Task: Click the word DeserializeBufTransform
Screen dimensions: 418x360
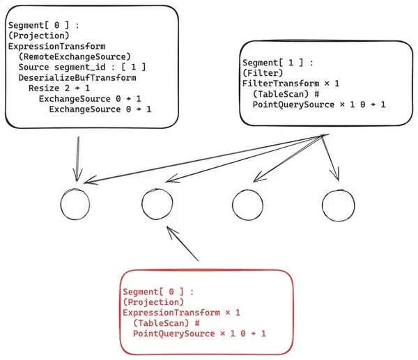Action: click(x=77, y=78)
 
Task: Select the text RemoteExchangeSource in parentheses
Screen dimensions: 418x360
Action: click(x=75, y=57)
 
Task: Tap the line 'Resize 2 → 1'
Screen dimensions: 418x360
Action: click(x=59, y=88)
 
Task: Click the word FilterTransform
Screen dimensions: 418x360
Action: click(x=281, y=84)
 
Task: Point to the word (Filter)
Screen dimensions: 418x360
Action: click(x=263, y=73)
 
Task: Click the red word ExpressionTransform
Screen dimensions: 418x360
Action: click(x=171, y=313)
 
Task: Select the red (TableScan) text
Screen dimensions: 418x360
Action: click(x=161, y=323)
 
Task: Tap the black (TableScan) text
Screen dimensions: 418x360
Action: click(x=281, y=94)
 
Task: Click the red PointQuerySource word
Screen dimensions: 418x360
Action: click(x=173, y=334)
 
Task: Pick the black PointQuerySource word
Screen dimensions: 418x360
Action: click(x=293, y=104)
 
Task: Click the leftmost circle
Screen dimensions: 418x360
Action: click(x=61, y=205)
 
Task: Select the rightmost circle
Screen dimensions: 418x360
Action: click(x=322, y=205)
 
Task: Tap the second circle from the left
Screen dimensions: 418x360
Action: click(x=142, y=204)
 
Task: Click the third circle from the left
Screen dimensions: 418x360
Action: click(x=232, y=205)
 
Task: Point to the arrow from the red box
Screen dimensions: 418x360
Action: click(x=183, y=244)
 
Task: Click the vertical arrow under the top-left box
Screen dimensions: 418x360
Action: click(x=77, y=159)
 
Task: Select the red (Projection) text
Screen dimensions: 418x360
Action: click(x=153, y=302)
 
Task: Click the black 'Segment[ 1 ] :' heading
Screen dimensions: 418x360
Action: click(x=278, y=63)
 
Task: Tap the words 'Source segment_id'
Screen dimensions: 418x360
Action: click(x=62, y=67)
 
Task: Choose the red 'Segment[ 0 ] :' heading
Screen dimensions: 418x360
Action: click(x=158, y=292)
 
